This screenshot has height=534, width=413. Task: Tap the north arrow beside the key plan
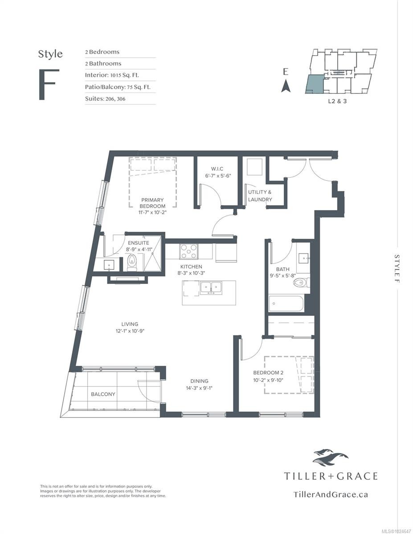coord(286,85)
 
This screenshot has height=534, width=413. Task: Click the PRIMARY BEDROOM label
coord(152,203)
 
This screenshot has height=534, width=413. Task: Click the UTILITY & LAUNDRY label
coord(260,196)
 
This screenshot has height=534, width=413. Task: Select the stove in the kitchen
coord(189,251)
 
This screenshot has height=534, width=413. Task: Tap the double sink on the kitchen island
coord(211,288)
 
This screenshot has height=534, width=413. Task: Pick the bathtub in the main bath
coord(286,304)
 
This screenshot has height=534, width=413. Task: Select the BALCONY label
coord(103,394)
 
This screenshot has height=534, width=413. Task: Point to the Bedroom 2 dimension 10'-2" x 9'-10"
coord(268,380)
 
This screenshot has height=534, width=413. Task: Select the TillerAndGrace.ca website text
coord(331,494)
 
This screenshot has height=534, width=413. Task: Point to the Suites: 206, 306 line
coord(105,99)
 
